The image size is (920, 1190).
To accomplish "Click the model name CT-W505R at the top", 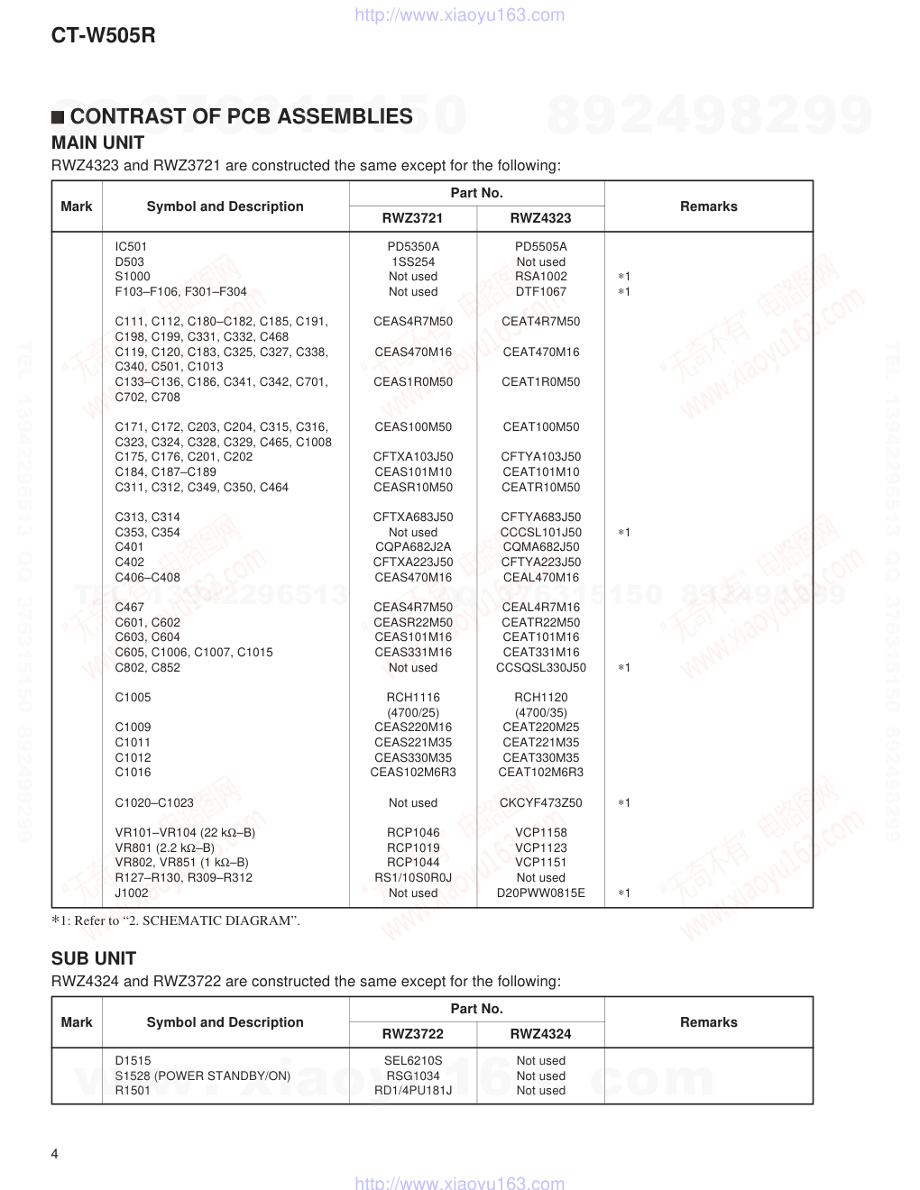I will [104, 36].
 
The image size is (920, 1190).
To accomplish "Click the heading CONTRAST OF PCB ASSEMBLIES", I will [241, 116].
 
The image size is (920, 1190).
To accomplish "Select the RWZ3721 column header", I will [412, 217].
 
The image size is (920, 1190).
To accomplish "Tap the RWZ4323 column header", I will [540, 217].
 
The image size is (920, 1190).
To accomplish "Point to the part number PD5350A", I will [413, 246].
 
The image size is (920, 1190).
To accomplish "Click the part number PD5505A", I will [541, 246].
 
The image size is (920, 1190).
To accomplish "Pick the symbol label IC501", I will [131, 246].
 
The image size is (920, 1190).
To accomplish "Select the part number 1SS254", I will [413, 261].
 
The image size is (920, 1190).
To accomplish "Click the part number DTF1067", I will [541, 291].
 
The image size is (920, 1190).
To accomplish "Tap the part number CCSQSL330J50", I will [541, 667].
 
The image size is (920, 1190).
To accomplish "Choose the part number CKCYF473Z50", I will [541, 802].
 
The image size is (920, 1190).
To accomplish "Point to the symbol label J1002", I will [132, 892].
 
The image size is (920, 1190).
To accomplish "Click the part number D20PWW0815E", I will [541, 892].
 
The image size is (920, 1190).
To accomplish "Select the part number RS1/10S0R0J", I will [413, 877].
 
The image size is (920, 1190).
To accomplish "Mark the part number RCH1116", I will [413, 697].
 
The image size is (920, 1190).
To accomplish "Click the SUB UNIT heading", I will [94, 958].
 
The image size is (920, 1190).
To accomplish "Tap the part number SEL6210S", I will [413, 1060].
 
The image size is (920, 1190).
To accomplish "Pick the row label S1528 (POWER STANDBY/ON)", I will [203, 1076].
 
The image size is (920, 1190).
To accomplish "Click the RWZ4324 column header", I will [540, 1033].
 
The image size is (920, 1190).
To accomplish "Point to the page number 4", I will [55, 1154].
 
